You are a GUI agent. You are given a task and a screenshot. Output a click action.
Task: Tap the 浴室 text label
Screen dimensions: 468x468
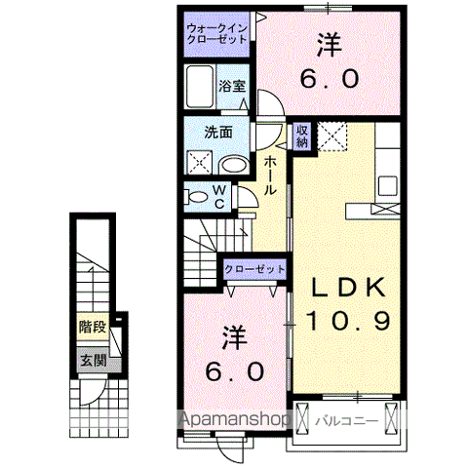tap(231, 85)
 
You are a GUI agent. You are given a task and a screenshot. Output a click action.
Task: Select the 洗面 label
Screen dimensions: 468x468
tap(217, 134)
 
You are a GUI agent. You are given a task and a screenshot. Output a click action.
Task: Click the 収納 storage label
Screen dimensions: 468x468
tap(302, 135)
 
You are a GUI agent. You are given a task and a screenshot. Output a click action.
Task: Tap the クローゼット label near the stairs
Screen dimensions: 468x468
tap(254, 268)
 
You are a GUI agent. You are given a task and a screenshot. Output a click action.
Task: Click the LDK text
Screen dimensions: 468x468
tap(348, 289)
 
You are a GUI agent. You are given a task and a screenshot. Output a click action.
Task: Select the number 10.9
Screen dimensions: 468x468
tap(348, 319)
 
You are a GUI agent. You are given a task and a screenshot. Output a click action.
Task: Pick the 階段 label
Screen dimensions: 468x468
tap(93, 329)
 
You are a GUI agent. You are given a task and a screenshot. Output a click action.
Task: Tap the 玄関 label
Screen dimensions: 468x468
tap(93, 362)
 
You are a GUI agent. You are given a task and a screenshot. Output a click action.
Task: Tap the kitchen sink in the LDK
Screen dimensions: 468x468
tap(388, 184)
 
